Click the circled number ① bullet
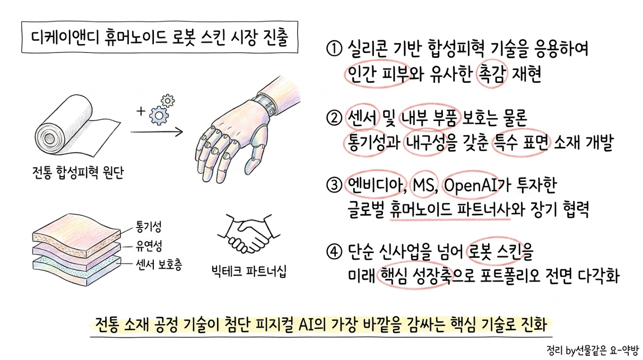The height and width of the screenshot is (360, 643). click(x=334, y=49)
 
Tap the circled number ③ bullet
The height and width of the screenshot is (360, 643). click(x=334, y=186)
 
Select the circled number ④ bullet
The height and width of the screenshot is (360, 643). click(x=334, y=251)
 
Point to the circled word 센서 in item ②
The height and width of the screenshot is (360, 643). click(x=362, y=118)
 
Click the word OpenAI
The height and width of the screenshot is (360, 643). click(x=471, y=186)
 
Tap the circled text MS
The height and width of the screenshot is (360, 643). click(x=423, y=186)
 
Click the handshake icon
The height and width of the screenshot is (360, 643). click(x=249, y=233)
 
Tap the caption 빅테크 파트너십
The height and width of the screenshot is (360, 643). click(x=249, y=271)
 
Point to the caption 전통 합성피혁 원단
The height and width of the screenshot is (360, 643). click(x=78, y=172)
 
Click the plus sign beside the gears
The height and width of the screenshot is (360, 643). click(x=141, y=111)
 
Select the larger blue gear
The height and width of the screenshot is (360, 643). click(x=159, y=116)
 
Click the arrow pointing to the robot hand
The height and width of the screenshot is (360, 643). click(x=157, y=132)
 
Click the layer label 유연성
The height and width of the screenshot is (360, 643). click(x=149, y=245)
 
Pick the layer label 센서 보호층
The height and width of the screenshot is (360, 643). click(x=159, y=265)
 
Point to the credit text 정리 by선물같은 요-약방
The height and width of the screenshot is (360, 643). click(x=594, y=350)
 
